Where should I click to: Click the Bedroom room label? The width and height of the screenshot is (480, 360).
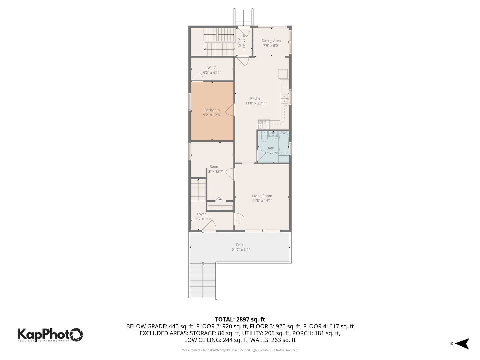(212, 110)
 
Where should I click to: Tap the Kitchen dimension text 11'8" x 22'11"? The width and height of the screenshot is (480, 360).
(256, 103)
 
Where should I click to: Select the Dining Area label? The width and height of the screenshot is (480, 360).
(271, 41)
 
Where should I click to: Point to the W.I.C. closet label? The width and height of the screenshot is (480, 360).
(212, 68)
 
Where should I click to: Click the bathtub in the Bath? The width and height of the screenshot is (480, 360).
(284, 143)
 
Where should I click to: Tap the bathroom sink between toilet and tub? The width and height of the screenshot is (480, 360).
(273, 135)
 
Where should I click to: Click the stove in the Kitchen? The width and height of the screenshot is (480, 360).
(263, 124)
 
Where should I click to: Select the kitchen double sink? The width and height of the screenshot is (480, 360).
(284, 99)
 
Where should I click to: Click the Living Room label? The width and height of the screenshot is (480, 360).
(262, 196)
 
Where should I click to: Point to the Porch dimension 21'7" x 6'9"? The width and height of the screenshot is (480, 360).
(241, 250)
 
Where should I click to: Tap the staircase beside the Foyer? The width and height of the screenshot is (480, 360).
(198, 191)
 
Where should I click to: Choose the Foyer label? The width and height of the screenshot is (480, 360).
(201, 214)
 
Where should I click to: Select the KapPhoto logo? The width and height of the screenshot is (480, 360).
(50, 334)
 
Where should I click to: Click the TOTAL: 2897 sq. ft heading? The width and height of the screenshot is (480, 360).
(240, 319)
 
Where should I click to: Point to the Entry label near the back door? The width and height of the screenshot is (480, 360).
(239, 43)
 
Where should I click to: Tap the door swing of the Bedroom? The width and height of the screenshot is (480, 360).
(229, 110)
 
